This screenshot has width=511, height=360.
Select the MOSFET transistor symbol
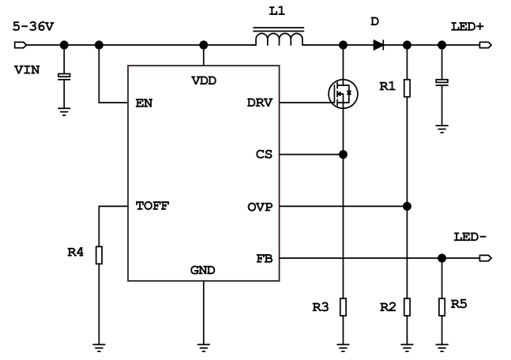pos(342,94)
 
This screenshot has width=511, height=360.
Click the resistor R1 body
pos(407,87)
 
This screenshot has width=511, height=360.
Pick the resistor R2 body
pos(407,306)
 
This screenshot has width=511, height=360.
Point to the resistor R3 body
pos(343,306)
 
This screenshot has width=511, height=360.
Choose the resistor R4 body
pos(99,255)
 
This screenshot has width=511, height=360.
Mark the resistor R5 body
pos(441,306)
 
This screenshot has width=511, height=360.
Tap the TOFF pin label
pos(152,207)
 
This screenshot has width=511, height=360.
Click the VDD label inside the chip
pos(204,81)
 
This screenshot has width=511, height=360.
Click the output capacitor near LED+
pos(441,82)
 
